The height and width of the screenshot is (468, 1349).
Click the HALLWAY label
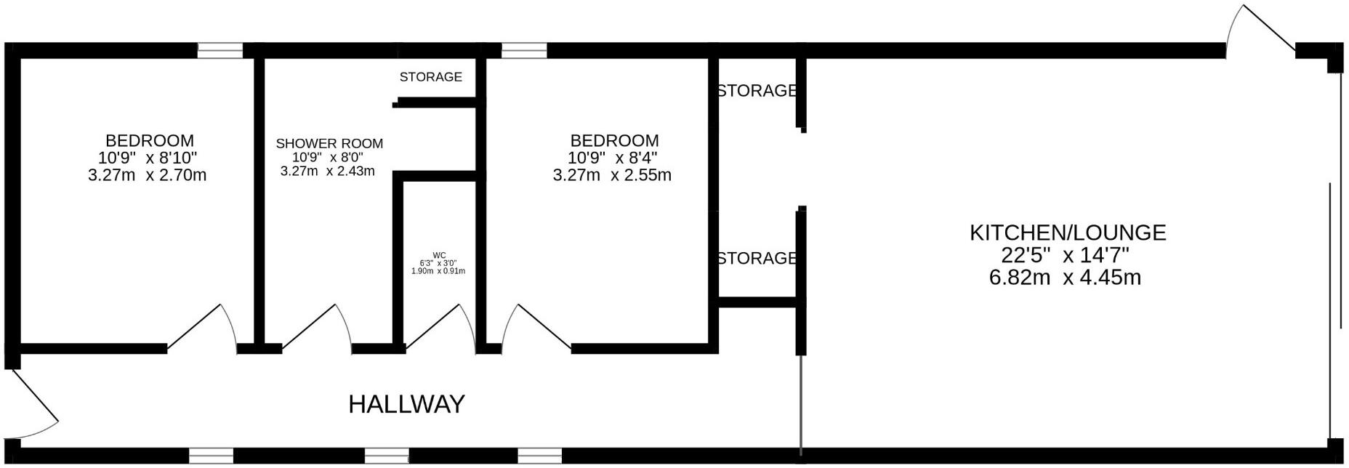406,404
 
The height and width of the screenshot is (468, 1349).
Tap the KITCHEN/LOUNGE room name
1067,233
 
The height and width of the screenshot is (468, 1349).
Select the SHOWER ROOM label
329,143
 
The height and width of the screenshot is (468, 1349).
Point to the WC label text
438,255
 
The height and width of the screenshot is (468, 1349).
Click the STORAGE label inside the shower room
430,76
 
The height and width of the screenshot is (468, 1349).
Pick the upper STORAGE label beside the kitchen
757,91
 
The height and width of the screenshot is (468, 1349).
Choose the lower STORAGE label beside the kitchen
757,258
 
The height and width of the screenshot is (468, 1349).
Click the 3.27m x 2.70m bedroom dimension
147,175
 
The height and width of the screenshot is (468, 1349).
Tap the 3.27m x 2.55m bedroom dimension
612,175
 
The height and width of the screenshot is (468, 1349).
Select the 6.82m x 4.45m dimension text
1065,278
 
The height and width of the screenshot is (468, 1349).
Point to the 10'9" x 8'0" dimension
327,157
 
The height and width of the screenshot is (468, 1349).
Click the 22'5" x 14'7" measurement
1065,255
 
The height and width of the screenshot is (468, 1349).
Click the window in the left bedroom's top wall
220,50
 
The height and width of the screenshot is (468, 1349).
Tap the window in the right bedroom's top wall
523,50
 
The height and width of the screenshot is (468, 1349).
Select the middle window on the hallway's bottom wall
387,456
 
